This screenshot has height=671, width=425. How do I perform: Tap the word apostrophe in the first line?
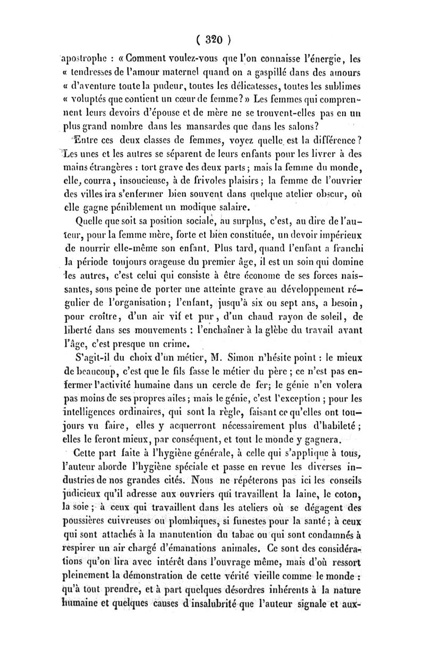point(81,58)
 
